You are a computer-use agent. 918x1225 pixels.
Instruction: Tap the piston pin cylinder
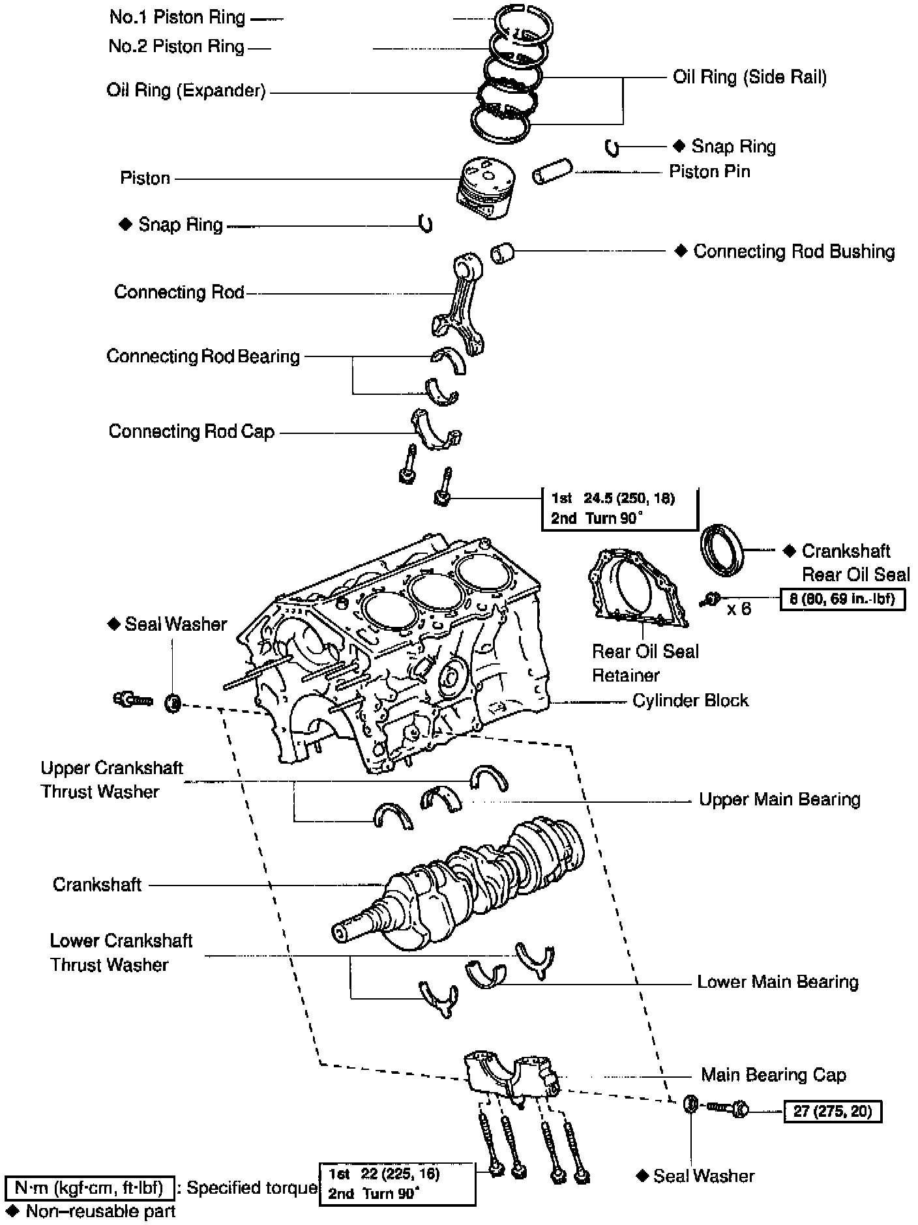pos(552,171)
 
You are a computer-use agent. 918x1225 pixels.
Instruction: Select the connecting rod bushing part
pos(502,252)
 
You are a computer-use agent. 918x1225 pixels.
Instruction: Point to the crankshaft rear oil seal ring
pos(722,549)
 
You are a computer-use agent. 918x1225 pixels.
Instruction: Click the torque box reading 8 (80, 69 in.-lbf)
pos(842,598)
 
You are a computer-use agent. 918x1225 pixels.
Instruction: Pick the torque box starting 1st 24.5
pos(619,508)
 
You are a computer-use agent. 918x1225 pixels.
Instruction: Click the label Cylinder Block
pos(690,700)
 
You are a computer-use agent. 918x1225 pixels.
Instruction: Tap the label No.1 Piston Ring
pos(177,18)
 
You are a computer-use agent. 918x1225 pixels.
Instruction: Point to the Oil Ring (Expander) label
pos(186,90)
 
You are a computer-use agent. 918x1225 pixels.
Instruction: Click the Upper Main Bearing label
pos(779,799)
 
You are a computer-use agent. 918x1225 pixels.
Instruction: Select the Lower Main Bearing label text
pos(777,982)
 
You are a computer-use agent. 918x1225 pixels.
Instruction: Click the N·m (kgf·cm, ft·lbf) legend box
pos(89,1188)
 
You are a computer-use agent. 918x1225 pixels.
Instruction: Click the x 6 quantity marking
pos(739,609)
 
